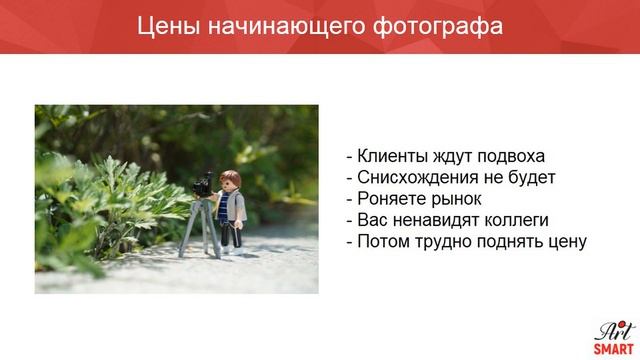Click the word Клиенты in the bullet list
[391, 156]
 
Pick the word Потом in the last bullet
[384, 241]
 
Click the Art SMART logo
[611, 337]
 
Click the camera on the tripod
[203, 185]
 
